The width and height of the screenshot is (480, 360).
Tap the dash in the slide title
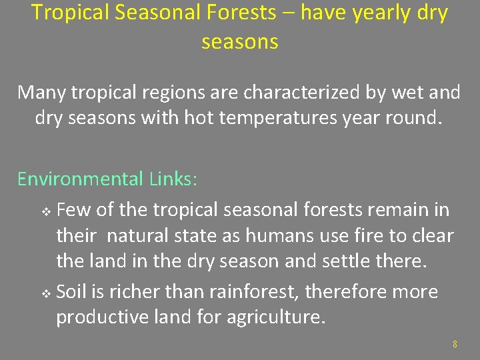[x=289, y=13]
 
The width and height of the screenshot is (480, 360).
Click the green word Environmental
[x=80, y=179]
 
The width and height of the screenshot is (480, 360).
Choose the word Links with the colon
[x=173, y=179]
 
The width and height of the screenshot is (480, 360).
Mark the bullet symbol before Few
[x=46, y=211]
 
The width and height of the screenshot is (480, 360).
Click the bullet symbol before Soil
[x=46, y=293]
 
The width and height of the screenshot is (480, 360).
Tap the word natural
[x=136, y=236]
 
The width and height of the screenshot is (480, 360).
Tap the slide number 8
[x=455, y=345]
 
